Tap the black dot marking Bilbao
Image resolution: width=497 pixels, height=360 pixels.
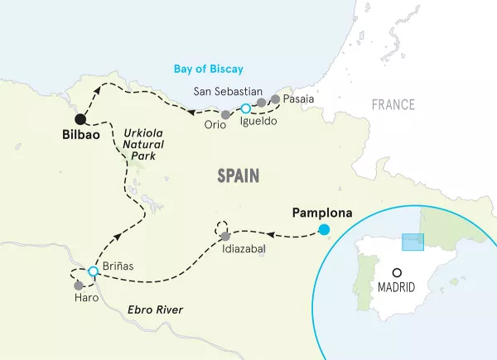coord(80,118)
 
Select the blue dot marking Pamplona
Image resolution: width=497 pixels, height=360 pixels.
coord(324,229)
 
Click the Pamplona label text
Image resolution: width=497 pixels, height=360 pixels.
coord(322,213)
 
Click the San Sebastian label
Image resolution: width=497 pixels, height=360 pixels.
coord(227,91)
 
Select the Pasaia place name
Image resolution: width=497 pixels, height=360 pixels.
coord(298,98)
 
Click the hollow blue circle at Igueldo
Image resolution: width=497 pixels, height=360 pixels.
coord(244,108)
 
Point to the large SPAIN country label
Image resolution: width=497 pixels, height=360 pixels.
coord(238,175)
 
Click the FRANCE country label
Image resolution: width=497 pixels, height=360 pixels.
coord(393,105)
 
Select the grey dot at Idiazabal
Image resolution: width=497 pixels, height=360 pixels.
coord(226,237)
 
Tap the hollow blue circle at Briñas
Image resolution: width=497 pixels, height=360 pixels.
coord(93,271)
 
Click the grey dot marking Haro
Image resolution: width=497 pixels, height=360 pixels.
coord(79,285)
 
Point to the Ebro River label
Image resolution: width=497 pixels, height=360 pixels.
coord(155,310)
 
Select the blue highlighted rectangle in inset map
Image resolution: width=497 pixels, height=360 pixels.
coord(413,241)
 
